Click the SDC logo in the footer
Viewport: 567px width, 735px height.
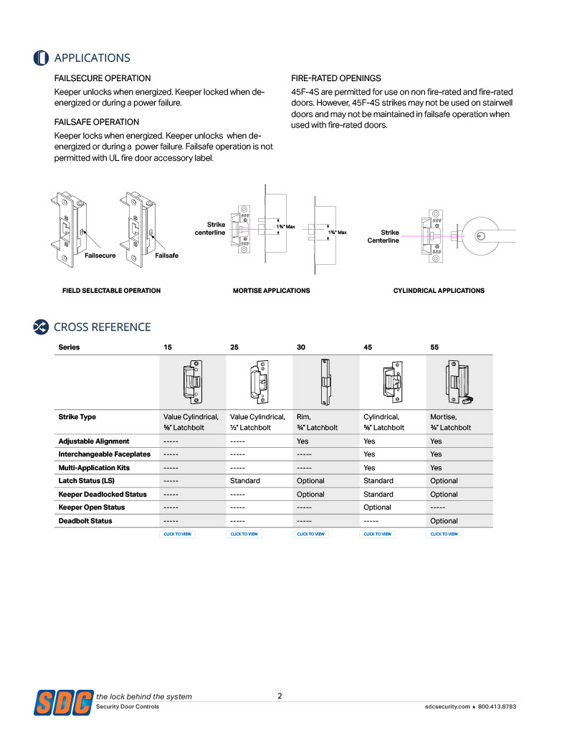tap(63, 701)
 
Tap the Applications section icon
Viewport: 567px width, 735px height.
tap(41, 58)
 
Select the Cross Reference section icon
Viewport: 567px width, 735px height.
tap(41, 327)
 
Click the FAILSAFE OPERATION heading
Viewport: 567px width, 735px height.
tap(97, 122)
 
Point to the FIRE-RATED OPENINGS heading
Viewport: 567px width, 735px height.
tap(335, 78)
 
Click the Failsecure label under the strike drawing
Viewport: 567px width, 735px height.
tap(100, 256)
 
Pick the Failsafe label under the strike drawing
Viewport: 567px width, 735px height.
tap(166, 256)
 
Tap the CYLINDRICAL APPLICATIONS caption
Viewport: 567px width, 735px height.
tap(439, 291)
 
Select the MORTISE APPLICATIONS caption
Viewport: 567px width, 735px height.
tap(271, 291)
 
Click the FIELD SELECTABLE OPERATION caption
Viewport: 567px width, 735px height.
tap(111, 291)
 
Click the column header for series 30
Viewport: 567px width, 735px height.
tap(301, 347)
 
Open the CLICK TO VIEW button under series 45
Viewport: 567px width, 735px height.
tap(378, 534)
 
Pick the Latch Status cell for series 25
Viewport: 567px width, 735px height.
tap(244, 481)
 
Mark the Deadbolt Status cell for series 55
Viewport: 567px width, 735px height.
tap(444, 521)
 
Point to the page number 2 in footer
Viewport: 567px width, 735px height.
tap(280, 696)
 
